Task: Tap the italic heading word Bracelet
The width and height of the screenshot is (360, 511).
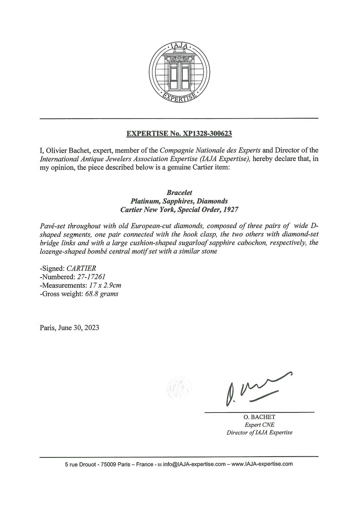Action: (x=179, y=193)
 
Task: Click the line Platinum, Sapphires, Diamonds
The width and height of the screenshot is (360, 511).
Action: (x=179, y=201)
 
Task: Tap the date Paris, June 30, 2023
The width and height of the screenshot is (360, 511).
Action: (x=69, y=328)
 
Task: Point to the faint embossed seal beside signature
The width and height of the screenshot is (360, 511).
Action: (x=179, y=387)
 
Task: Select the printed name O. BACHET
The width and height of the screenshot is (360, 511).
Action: (x=259, y=417)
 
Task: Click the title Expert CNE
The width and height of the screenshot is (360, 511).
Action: (x=259, y=425)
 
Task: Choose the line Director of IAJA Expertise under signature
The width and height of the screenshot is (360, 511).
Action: (x=259, y=433)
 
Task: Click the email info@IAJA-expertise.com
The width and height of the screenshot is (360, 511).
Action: (x=194, y=464)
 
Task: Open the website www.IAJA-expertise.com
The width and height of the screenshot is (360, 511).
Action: (x=262, y=464)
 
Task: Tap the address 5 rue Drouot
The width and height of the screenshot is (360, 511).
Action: (x=80, y=464)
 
